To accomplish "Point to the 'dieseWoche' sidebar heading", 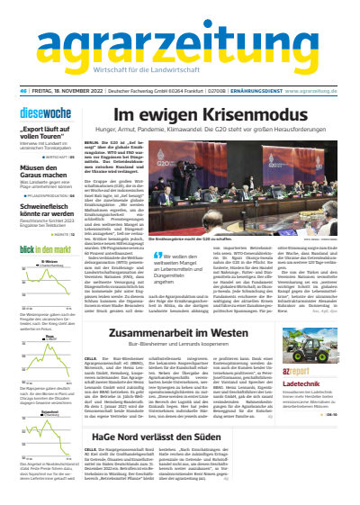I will pos(38,114).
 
